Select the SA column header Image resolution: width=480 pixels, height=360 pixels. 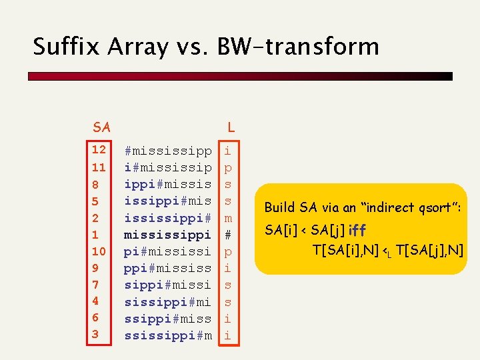click(102, 127)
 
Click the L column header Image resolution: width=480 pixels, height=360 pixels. click(231, 127)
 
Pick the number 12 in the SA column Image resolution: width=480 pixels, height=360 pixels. click(99, 149)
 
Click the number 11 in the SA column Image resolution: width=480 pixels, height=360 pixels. click(99, 167)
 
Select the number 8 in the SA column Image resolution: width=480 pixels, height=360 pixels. click(95, 183)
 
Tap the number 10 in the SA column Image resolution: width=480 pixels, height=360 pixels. click(99, 251)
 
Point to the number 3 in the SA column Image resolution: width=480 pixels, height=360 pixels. click(95, 335)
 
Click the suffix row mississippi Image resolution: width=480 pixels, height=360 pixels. click(168, 234)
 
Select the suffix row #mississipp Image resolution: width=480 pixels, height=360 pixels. click(168, 150)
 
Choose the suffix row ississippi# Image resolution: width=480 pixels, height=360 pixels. click(168, 217)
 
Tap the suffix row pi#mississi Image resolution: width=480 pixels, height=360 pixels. click(168, 251)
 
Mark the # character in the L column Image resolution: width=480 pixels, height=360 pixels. click(228, 234)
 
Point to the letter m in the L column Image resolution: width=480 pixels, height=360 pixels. click(228, 217)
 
